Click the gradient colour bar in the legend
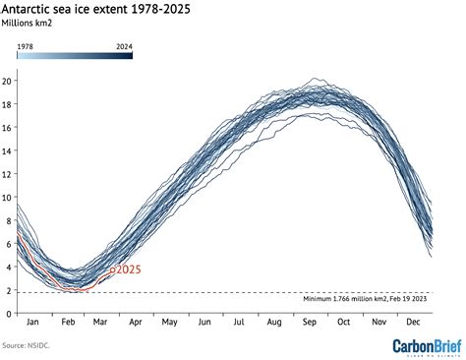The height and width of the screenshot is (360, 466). (x=74, y=55)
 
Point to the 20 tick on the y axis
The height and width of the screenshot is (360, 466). (x=8, y=80)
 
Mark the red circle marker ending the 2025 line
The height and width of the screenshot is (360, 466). (x=112, y=269)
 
